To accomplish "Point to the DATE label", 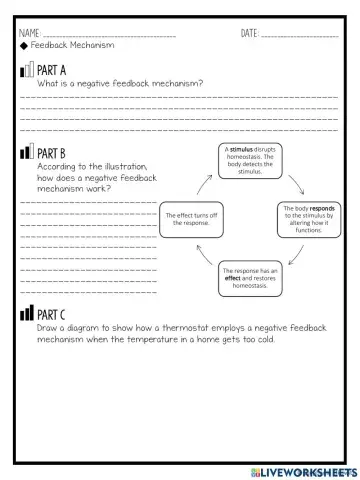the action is pyautogui.click(x=249, y=34).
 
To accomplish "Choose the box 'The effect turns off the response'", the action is pyautogui.click(x=189, y=219).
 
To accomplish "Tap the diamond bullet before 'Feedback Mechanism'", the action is pyautogui.click(x=22, y=46).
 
